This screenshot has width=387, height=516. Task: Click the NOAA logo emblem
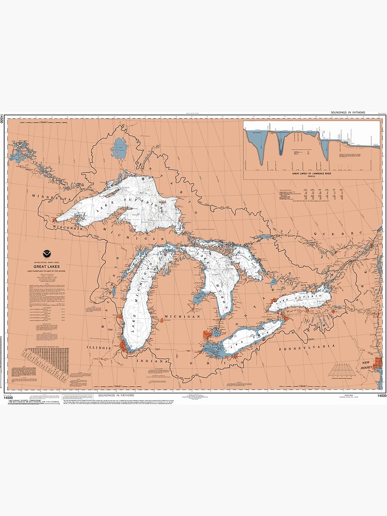tap(47, 254)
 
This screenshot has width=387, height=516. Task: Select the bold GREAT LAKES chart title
tap(47, 267)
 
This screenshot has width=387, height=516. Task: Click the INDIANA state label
tap(153, 362)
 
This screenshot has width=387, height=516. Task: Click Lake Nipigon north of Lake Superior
tap(120, 148)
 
